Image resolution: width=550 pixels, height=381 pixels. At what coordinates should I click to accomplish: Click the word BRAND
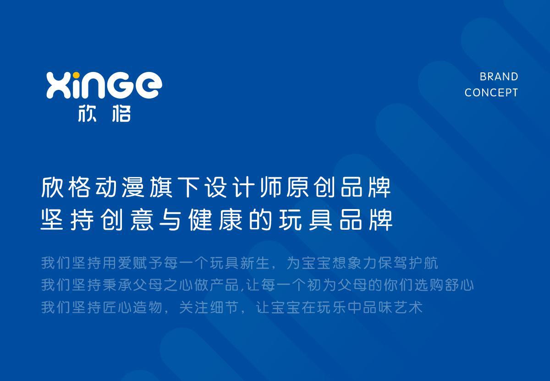tap(499, 77)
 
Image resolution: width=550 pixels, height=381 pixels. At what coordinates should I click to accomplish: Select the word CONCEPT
tap(491, 93)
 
